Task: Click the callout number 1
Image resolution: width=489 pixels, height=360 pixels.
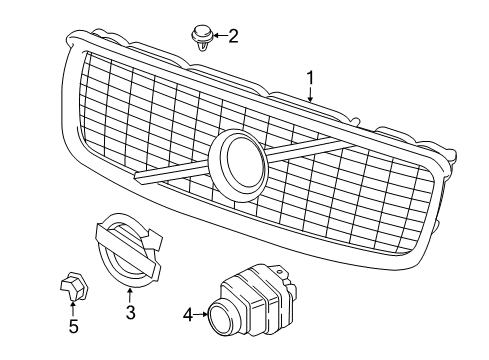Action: pyautogui.click(x=310, y=76)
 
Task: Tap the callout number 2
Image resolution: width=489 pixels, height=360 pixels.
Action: pyautogui.click(x=233, y=37)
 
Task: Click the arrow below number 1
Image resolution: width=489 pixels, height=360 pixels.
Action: pyautogui.click(x=310, y=95)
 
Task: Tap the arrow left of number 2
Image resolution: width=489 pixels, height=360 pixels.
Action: pyautogui.click(x=217, y=38)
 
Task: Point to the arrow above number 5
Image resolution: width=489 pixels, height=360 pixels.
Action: pyautogui.click(x=72, y=307)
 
